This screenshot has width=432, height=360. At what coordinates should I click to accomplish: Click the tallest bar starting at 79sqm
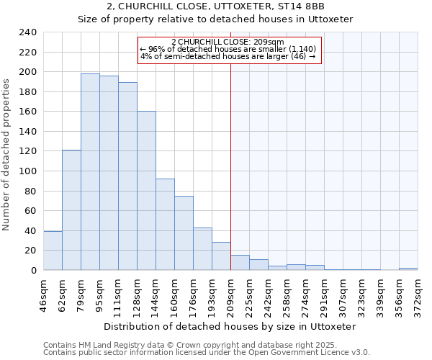90,172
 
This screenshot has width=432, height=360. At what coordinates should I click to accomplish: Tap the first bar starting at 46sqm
53,251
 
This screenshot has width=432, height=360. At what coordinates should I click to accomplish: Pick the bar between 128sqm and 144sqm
146,191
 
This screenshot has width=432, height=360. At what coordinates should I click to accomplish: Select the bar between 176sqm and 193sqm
202,249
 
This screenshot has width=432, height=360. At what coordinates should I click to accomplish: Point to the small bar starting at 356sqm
408,269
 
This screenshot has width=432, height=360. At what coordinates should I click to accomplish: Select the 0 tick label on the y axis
33,270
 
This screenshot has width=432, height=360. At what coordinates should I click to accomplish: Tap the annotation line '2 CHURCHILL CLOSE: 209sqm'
228,42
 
